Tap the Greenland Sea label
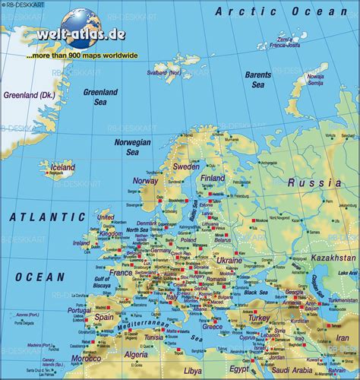click(101, 97)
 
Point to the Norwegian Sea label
click(132, 147)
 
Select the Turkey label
click(260, 317)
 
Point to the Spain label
click(104, 317)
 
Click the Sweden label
click(186, 166)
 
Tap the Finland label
click(213, 178)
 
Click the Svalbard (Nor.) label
click(164, 73)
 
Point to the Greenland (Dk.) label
click(25, 96)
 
